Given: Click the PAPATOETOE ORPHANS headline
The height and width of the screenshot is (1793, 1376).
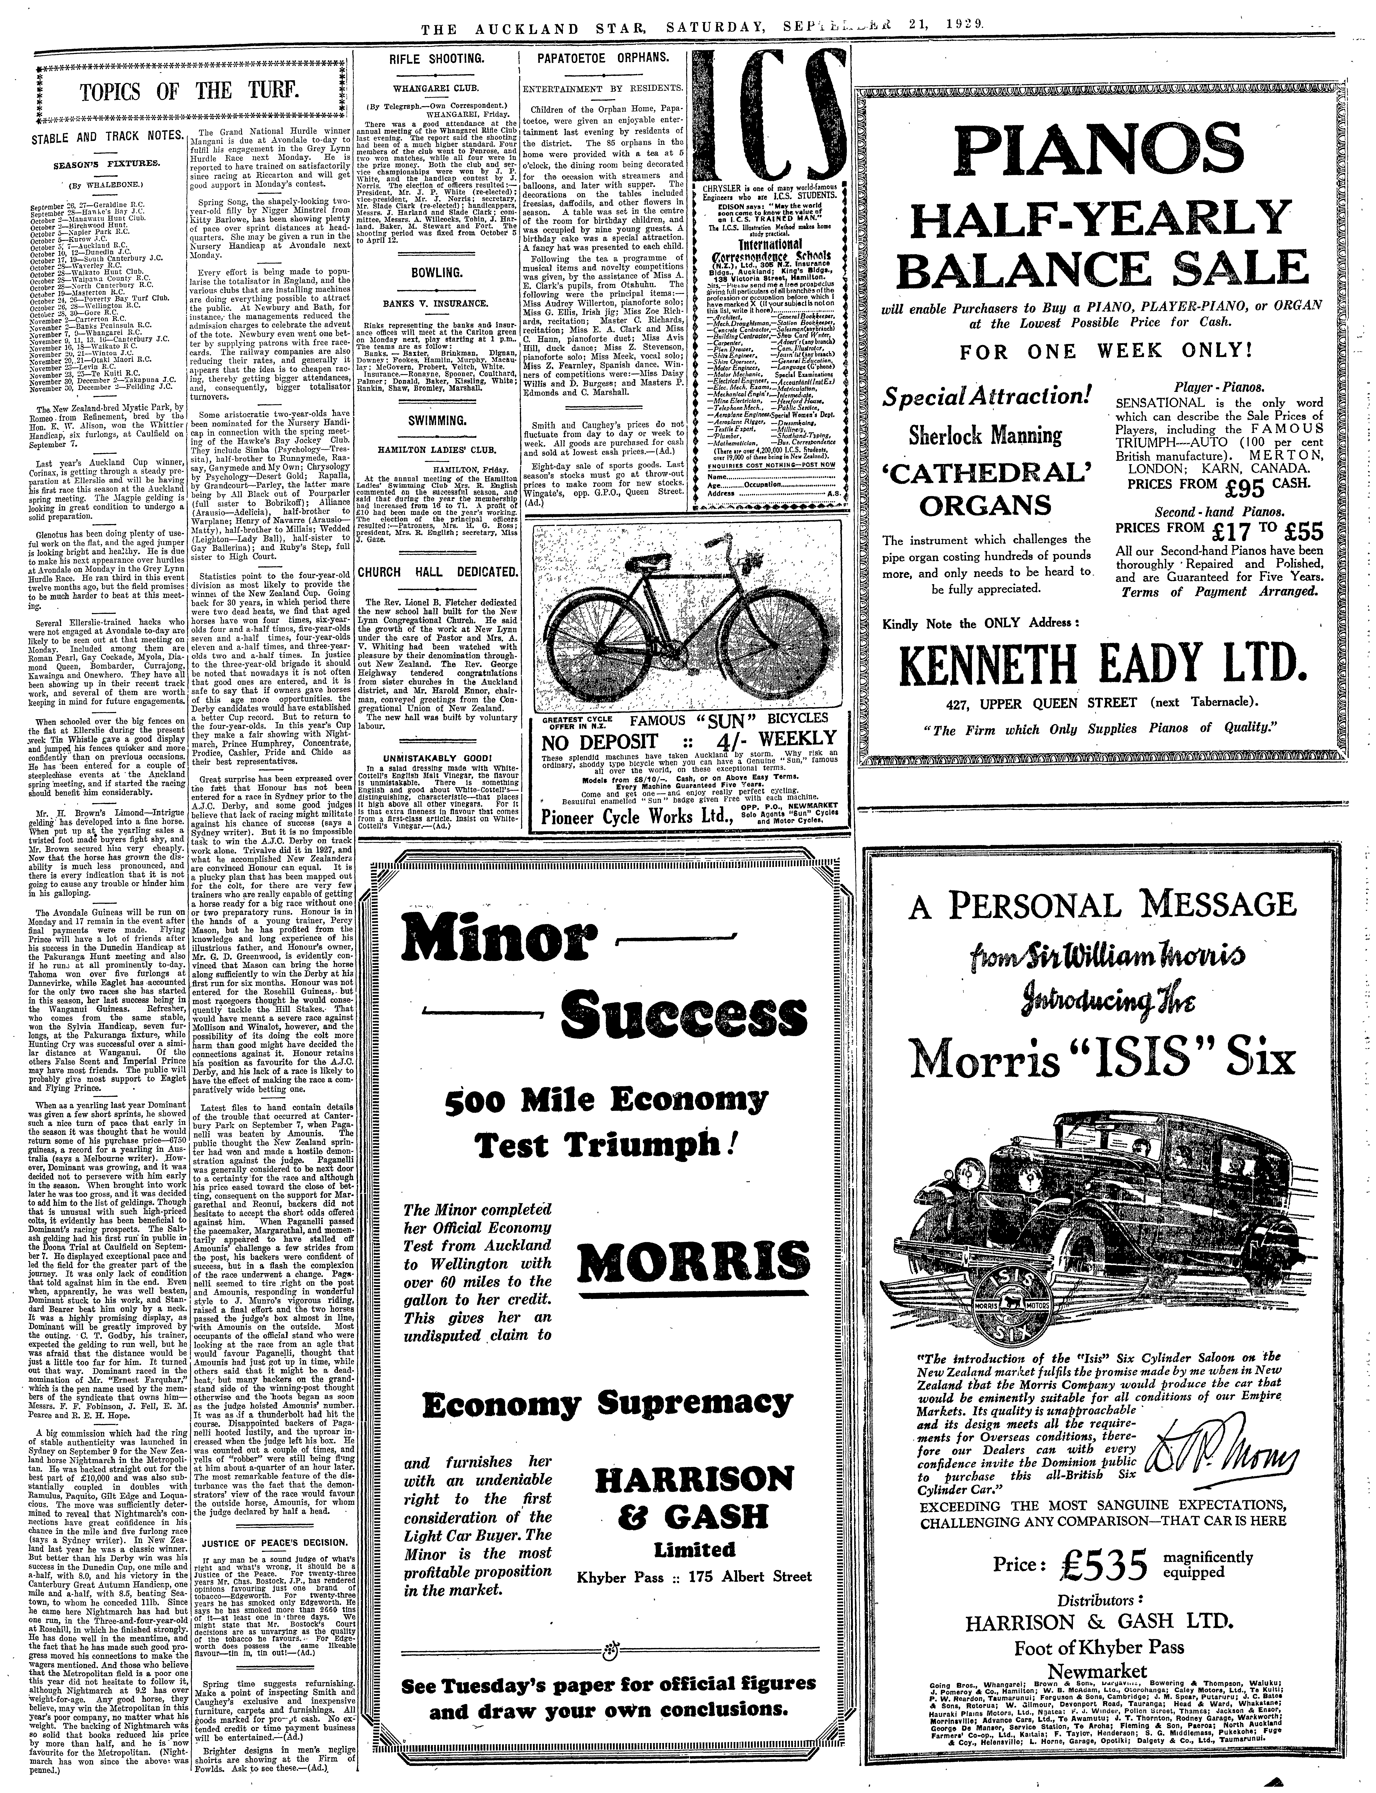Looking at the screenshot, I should (x=602, y=60).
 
